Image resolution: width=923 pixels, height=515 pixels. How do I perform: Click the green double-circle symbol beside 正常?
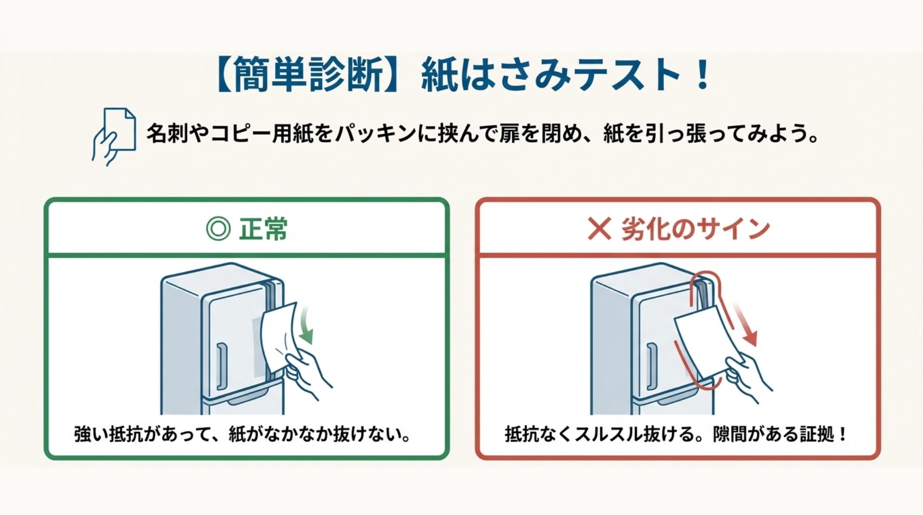click(218, 229)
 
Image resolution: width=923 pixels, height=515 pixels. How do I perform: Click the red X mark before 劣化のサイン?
click(599, 229)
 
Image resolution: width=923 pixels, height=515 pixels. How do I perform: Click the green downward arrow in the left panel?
click(305, 326)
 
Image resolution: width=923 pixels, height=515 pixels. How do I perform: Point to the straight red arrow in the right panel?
click(744, 324)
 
